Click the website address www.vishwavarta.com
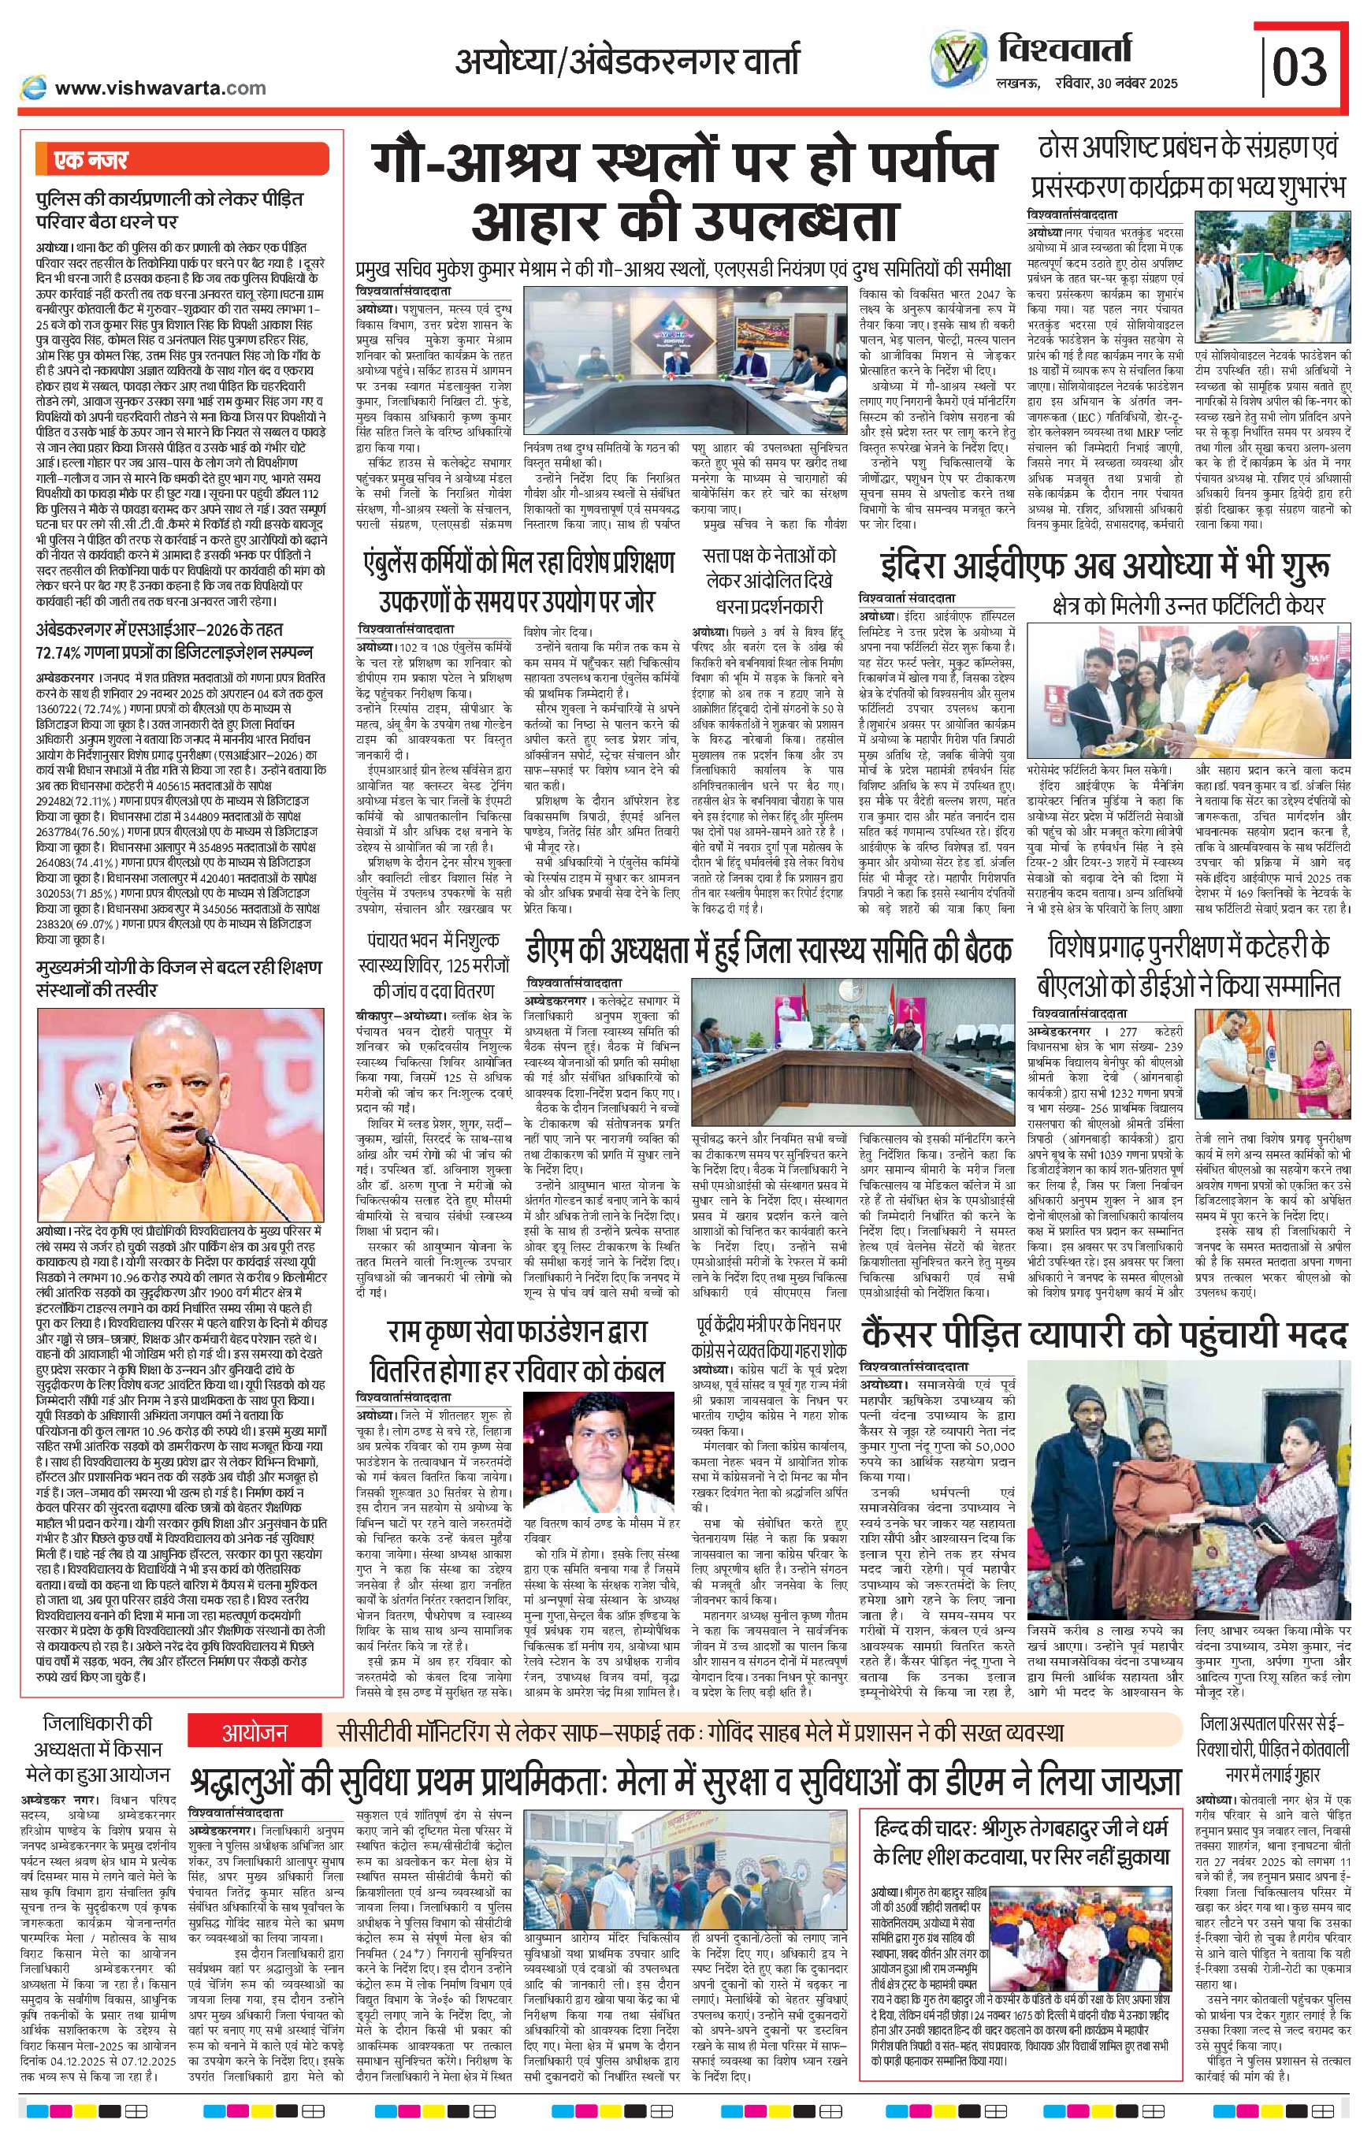pyautogui.click(x=160, y=87)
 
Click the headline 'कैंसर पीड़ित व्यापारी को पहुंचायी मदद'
pyautogui.click(x=1104, y=1334)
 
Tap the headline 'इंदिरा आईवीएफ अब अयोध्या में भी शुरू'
pyautogui.click(x=1105, y=567)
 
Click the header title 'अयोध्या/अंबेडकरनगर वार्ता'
pyautogui.click(x=628, y=62)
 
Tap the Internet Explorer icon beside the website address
pyautogui.click(x=35, y=87)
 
